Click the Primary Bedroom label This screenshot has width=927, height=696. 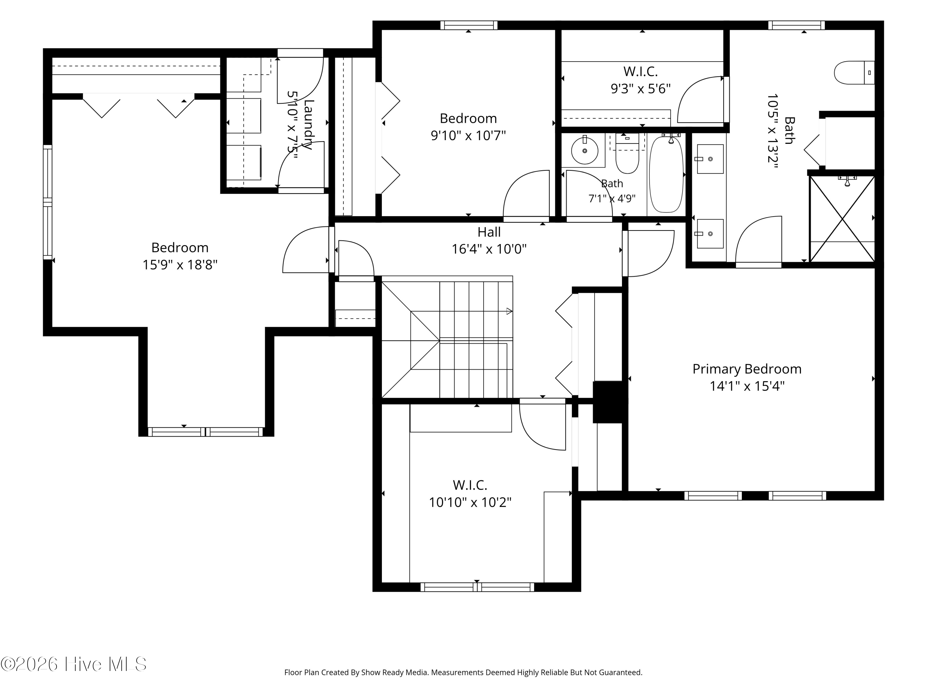click(747, 369)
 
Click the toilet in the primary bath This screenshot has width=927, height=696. click(854, 73)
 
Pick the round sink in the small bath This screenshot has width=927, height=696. click(585, 151)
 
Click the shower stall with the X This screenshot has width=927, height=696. click(842, 219)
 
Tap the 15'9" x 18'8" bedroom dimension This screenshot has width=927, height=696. click(180, 265)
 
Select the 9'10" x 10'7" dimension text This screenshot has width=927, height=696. click(468, 136)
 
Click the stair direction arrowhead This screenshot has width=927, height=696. click(510, 311)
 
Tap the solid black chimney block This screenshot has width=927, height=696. click(610, 402)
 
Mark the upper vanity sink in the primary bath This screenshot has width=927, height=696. click(710, 159)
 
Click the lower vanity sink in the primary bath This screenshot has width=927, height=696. click(710, 234)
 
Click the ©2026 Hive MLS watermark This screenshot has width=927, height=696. click(74, 664)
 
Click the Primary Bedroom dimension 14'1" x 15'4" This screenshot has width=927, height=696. click(747, 386)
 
